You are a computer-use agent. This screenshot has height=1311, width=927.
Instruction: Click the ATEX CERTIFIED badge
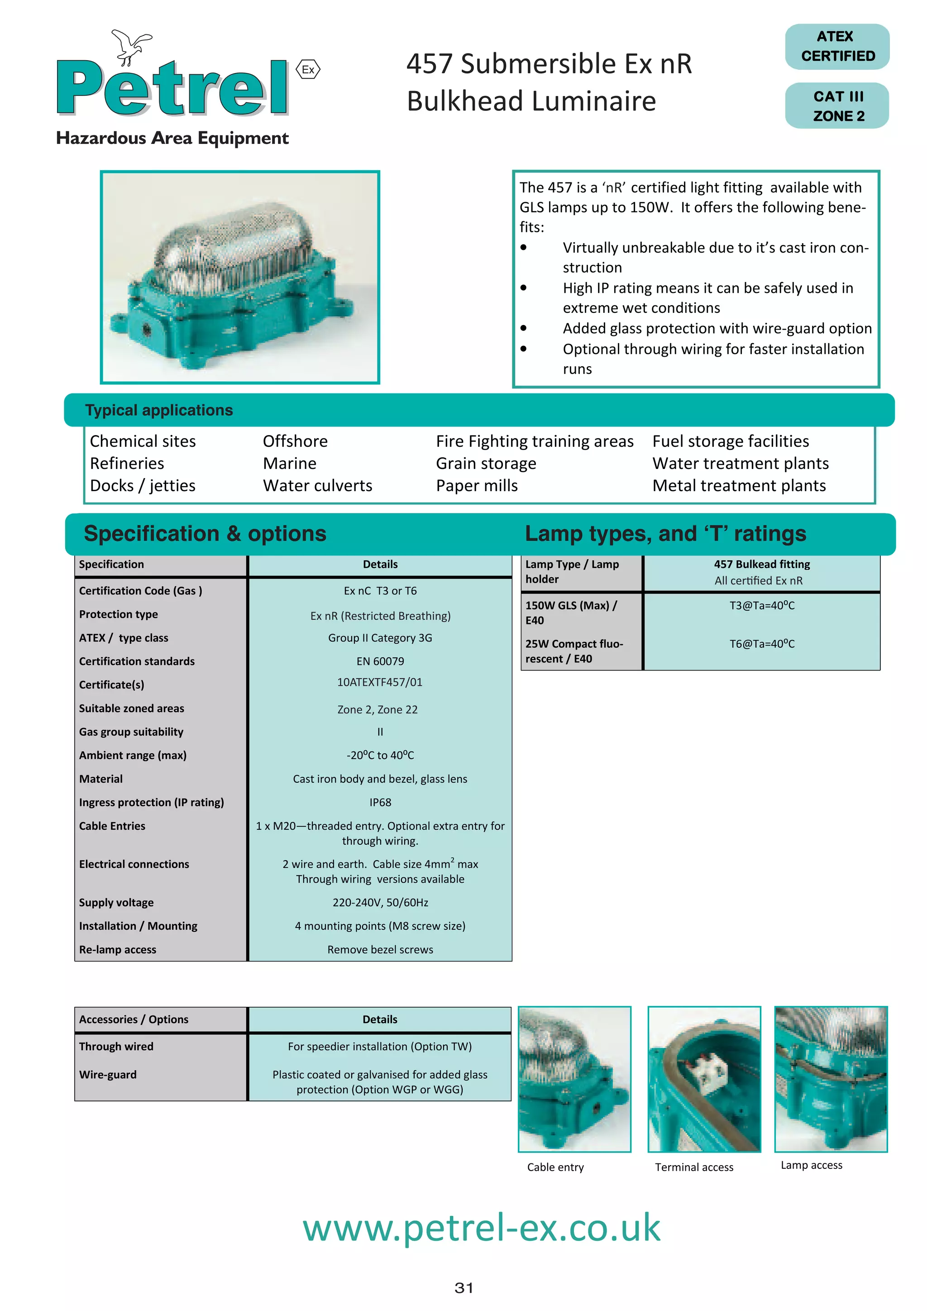(837, 46)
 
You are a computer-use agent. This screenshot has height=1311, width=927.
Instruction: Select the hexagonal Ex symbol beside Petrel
(308, 70)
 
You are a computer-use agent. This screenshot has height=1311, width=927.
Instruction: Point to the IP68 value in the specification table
(380, 802)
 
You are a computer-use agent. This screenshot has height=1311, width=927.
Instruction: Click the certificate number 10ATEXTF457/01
(380, 682)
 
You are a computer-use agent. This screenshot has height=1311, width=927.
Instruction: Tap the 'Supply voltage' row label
(116, 902)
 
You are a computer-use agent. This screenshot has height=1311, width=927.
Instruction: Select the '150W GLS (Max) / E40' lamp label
(571, 612)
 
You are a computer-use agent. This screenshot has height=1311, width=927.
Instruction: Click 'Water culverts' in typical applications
(317, 485)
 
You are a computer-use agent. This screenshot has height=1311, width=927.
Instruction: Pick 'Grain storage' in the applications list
(486, 463)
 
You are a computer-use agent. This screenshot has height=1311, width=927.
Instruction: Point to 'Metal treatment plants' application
(739, 485)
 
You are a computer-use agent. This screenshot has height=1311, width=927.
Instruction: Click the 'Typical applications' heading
(159, 410)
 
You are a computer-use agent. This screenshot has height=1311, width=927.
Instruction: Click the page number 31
(463, 1287)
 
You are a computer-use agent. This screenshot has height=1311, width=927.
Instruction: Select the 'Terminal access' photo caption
(693, 1167)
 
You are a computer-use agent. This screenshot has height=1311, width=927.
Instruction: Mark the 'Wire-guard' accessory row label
(108, 1074)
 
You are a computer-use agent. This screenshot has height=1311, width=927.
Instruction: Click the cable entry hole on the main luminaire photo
(146, 330)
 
